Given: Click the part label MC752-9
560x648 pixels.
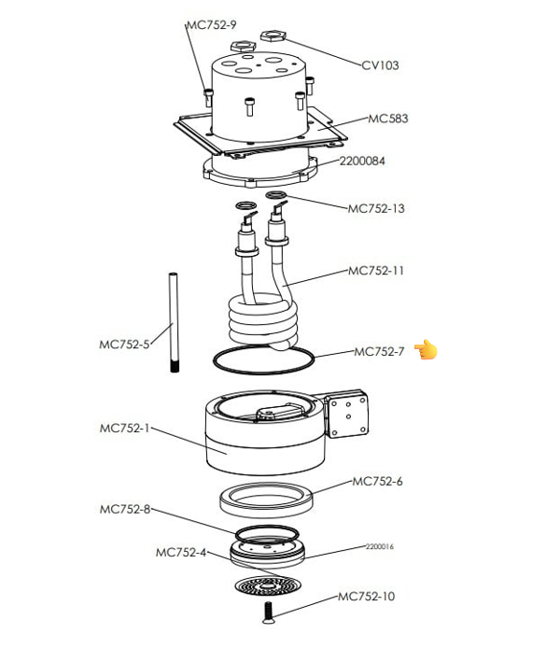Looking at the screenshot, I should tap(212, 24).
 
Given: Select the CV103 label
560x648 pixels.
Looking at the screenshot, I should tap(381, 65).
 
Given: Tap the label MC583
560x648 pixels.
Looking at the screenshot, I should tap(387, 119).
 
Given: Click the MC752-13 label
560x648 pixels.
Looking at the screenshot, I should tap(376, 208).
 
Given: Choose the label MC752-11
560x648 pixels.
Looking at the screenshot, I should tap(376, 271).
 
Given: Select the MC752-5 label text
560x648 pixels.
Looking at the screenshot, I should tap(124, 345).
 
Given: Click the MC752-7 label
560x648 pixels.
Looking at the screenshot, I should tap(379, 352).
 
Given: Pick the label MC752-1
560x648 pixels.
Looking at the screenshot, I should tap(124, 429).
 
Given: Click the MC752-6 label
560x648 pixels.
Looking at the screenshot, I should tap(377, 482).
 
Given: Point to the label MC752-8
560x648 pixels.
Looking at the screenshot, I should tap(124, 509).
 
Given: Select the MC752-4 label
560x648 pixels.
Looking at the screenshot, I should tap(180, 552).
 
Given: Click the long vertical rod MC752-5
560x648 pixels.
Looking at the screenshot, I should tap(173, 322).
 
